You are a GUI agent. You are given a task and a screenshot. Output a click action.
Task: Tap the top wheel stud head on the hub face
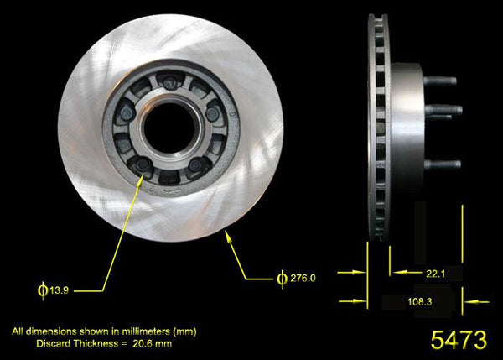(170, 82)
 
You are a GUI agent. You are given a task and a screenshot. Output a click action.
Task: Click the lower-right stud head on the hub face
(196, 165)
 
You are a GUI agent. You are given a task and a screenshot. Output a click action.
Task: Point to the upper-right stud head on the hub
(213, 113)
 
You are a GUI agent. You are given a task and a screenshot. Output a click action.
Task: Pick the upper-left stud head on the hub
(127, 111)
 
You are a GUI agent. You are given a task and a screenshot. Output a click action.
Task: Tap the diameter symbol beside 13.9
(42, 290)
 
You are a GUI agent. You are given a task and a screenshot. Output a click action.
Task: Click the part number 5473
(458, 340)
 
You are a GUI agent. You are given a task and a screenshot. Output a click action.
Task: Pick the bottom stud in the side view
(442, 164)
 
